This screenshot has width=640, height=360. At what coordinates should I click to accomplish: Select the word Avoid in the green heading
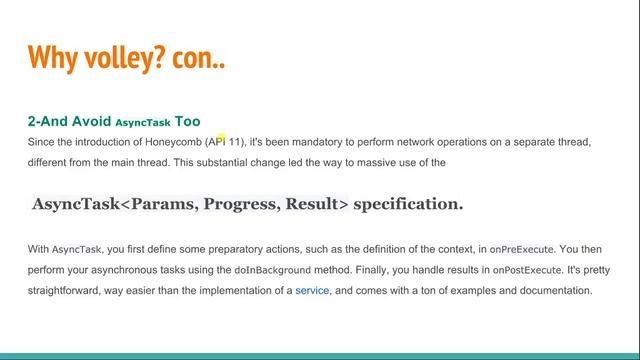click(x=90, y=121)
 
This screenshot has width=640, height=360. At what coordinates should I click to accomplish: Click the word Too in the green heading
click(x=187, y=121)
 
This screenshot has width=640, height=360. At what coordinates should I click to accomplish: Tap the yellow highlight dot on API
click(x=221, y=138)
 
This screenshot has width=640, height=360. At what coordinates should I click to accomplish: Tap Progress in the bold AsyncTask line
click(x=241, y=204)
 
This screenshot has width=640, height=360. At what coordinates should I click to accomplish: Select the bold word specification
click(x=408, y=204)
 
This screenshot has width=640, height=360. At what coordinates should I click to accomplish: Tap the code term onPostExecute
click(x=496, y=270)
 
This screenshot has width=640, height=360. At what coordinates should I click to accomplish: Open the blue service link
click(x=312, y=291)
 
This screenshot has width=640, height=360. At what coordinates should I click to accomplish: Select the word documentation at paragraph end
click(x=557, y=291)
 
